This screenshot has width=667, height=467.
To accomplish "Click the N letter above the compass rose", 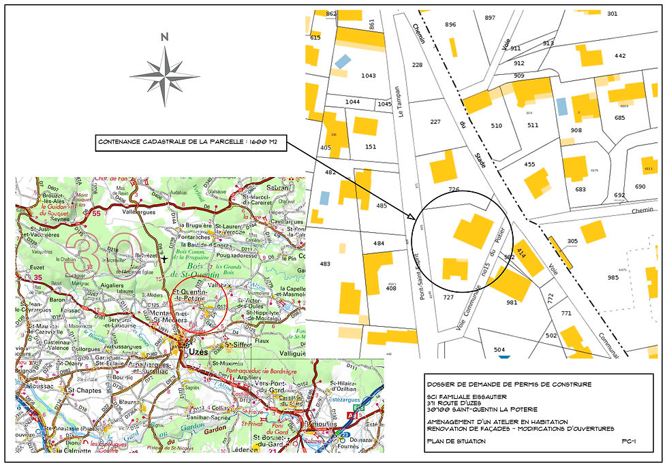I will point(164,38).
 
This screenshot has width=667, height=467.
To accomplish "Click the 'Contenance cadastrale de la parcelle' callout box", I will point(191,142).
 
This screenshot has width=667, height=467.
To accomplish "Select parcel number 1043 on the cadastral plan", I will point(369,76).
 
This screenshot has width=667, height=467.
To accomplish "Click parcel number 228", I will point(418,65).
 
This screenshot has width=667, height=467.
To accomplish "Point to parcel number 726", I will point(454,189).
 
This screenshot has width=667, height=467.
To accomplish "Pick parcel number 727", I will point(448,297).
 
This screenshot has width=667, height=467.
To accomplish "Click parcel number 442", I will point(619,56).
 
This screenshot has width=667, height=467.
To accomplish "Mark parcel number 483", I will point(325,263).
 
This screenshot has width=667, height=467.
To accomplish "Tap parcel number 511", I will point(533,125).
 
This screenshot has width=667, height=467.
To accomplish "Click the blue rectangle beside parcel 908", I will point(562,106).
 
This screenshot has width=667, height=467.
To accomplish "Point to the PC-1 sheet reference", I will point(629,441).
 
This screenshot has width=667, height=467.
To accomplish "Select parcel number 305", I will point(572,241).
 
